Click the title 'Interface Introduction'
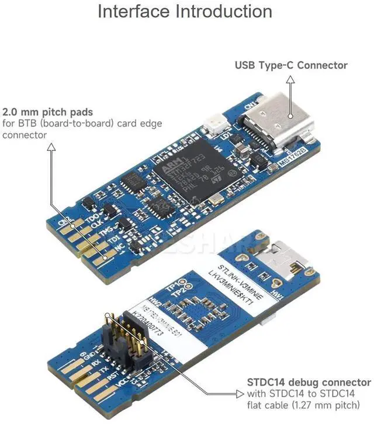[185, 12]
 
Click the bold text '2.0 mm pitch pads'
[48, 111]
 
